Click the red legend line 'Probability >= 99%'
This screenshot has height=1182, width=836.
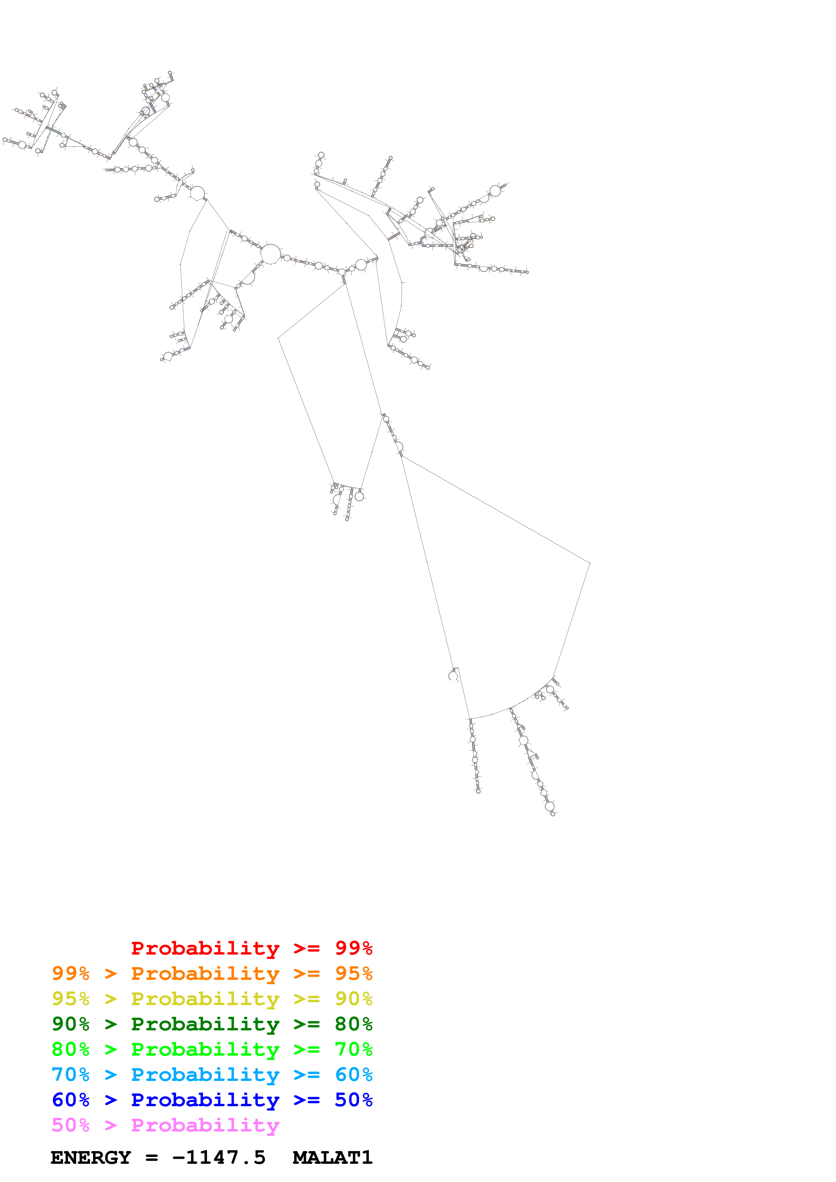pyautogui.click(x=251, y=948)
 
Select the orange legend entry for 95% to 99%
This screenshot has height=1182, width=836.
pyautogui.click(x=212, y=973)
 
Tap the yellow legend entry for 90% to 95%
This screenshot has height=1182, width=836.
pyautogui.click(x=212, y=999)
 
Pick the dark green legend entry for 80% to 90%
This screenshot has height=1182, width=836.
pyautogui.click(x=212, y=1024)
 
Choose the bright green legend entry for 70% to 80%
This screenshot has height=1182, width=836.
pyautogui.click(x=212, y=1049)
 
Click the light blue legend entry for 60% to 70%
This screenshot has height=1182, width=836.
pyautogui.click(x=212, y=1075)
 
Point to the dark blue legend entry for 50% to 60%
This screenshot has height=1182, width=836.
pyautogui.click(x=212, y=1100)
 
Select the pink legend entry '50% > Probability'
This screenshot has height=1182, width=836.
pyautogui.click(x=165, y=1125)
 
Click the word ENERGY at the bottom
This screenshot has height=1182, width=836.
pyautogui.click(x=91, y=1158)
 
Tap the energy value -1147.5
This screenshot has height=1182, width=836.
pyautogui.click(x=219, y=1158)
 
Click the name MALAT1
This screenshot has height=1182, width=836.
pyautogui.click(x=332, y=1158)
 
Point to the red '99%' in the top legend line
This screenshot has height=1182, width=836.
pyautogui.click(x=353, y=948)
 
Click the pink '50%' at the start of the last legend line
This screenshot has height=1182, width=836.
pyautogui.click(x=70, y=1125)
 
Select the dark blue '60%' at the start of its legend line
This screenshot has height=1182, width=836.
pyautogui.click(x=70, y=1100)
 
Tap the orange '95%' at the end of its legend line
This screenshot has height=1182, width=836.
pyautogui.click(x=353, y=973)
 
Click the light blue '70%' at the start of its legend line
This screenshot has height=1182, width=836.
pyautogui.click(x=70, y=1075)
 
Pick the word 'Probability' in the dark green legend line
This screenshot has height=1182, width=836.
pyautogui.click(x=205, y=1024)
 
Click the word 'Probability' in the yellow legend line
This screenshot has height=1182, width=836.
pyautogui.click(x=205, y=999)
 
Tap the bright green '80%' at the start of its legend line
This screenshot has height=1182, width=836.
pyautogui.click(x=70, y=1049)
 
